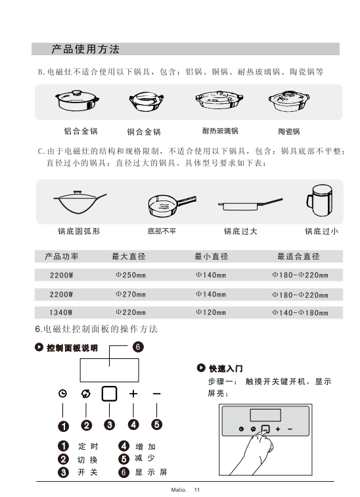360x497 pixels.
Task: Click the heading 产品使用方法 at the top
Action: [x=85, y=49]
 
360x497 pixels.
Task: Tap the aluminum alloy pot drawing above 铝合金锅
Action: [x=77, y=101]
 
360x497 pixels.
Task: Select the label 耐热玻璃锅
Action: [x=220, y=131]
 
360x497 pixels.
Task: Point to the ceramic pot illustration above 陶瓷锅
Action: [x=289, y=101]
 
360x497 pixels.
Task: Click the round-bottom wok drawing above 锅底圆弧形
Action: [x=79, y=202]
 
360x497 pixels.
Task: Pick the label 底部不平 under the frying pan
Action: [x=162, y=231]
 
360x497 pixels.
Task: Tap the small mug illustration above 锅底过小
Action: [x=319, y=201]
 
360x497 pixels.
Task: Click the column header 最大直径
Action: [x=129, y=256]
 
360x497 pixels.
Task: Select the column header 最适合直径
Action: [x=298, y=256]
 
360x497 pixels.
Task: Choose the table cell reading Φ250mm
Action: [x=131, y=275]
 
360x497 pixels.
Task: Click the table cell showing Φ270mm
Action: [x=131, y=295]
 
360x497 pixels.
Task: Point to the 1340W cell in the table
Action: [x=61, y=313]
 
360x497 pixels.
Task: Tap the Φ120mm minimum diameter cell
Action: [x=211, y=312]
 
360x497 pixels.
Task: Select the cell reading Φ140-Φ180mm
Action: [x=300, y=313]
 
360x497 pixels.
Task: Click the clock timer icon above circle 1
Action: [x=62, y=393]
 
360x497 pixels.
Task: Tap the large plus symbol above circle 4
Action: [x=133, y=393]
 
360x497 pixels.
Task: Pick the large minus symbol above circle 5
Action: [x=157, y=394]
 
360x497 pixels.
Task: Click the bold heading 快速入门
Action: [x=226, y=368]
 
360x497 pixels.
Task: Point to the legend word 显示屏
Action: [x=151, y=472]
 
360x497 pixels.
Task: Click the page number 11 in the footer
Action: [x=197, y=490]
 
